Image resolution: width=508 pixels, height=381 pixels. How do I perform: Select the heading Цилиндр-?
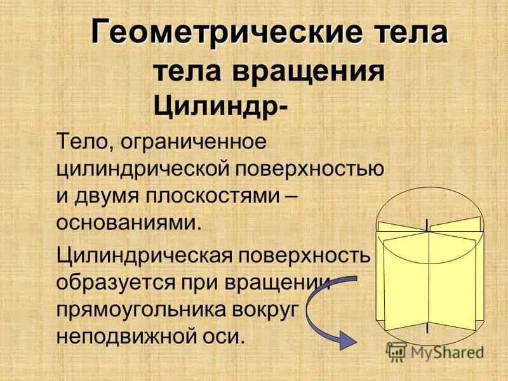click(220, 105)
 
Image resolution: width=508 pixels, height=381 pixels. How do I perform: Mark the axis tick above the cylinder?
click(427, 223)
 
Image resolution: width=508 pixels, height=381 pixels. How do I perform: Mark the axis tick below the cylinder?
click(427, 328)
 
